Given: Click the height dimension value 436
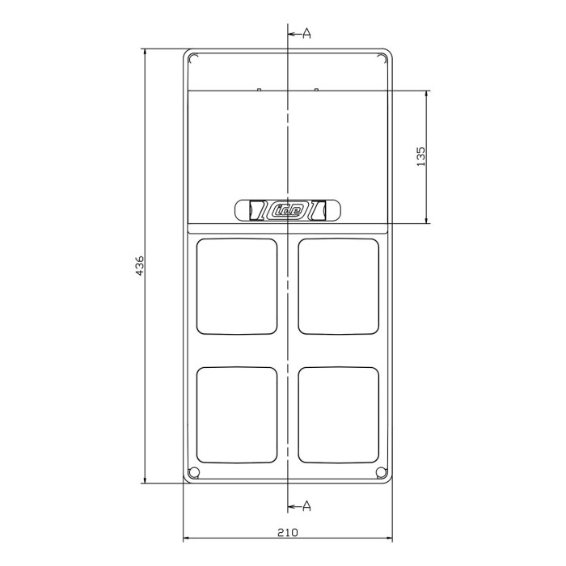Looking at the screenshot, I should tap(139, 266).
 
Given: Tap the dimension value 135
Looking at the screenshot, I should tap(421, 156).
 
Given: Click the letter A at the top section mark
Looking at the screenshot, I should tap(307, 33).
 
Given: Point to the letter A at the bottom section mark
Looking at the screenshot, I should tap(307, 506).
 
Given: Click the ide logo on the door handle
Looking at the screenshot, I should tap(288, 210).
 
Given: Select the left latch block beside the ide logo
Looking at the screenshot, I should tap(256, 210).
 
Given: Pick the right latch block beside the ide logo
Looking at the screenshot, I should tap(319, 210).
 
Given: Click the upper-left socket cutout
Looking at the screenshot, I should tap(237, 285).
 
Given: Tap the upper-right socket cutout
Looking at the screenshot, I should tap(339, 285).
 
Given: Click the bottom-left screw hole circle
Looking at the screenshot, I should tap(193, 473).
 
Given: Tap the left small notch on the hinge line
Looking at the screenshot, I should tap(258, 89).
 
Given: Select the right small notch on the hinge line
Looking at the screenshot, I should tap(317, 89).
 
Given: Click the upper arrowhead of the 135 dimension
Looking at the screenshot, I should tap(427, 95).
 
